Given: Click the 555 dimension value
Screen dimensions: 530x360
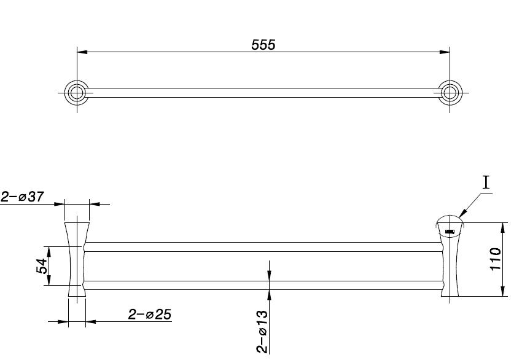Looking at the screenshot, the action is [263, 45].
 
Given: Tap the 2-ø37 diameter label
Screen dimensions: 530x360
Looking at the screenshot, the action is [22, 197].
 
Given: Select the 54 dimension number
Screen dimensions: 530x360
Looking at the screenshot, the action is [42, 265].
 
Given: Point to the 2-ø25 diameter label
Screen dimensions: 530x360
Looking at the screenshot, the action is [150, 315].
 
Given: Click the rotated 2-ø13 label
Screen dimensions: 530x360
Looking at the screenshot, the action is [262, 332].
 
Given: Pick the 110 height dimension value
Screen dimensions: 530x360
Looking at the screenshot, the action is [496, 259].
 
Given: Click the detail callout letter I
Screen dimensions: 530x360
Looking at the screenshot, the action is [486, 182].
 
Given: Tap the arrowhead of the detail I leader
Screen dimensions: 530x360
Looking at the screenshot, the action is [462, 213].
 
